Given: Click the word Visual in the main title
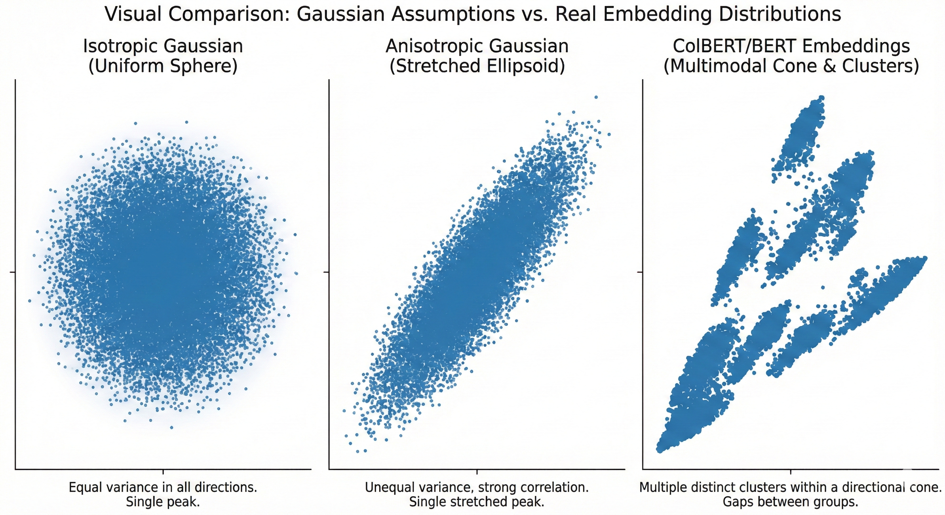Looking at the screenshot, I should tap(133, 15).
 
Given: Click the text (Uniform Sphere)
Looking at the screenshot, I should tap(163, 66).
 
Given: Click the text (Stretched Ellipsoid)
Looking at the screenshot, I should tap(477, 66).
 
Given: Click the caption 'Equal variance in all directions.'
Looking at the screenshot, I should tap(163, 488).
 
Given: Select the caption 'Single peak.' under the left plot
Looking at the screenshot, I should tap(163, 502).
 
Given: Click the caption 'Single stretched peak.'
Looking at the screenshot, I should tap(477, 502).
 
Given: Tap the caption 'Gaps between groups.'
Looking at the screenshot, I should tap(791, 502).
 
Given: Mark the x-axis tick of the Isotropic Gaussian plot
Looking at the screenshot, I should tap(163, 471).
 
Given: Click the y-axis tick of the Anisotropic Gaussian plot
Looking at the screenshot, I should tap(327, 272).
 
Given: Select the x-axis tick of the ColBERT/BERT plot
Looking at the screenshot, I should tap(791, 471).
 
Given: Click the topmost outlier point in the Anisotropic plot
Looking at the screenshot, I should tap(596, 97).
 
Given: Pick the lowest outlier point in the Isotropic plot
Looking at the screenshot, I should tap(171, 427).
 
